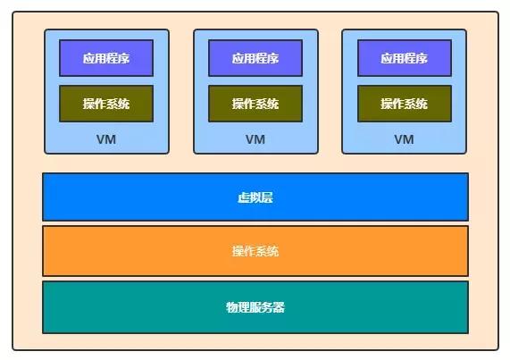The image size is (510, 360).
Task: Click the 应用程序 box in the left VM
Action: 106,58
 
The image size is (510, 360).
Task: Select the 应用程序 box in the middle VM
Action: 255,58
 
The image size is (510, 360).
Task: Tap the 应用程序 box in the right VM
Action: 405,58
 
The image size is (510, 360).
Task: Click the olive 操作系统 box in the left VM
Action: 106,104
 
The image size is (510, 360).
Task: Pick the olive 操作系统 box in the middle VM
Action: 255,104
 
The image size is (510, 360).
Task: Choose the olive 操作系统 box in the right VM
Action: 405,104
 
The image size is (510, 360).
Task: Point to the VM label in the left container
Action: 106,139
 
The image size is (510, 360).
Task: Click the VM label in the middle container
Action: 255,139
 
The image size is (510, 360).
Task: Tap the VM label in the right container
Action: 405,139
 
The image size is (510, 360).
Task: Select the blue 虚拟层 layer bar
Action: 255,197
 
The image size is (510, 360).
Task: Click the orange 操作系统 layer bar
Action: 255,251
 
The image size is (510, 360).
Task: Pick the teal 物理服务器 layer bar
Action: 255,307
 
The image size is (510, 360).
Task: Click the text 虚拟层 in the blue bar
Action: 255,197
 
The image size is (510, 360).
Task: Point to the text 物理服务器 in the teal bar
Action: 255,307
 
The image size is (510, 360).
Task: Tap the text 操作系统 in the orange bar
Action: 255,251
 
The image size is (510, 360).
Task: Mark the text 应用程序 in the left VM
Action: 106,58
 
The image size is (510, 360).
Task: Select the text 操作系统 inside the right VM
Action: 405,104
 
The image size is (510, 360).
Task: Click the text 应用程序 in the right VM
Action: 405,58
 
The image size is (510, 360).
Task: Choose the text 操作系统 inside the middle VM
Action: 255,104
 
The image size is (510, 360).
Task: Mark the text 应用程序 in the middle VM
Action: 255,58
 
